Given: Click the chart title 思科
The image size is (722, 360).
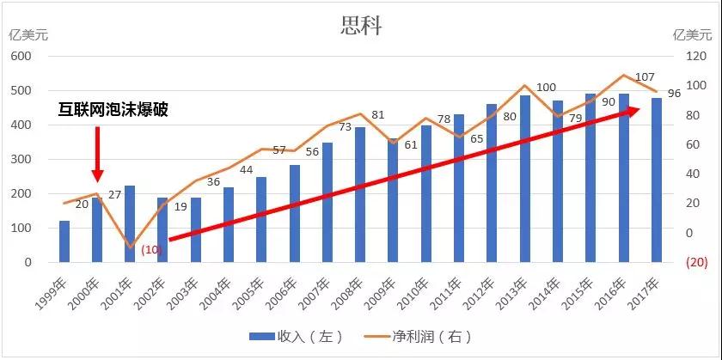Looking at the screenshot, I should [361, 25].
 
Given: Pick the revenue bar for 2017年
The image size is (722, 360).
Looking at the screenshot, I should [657, 180].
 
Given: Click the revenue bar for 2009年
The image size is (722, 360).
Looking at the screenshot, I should [393, 200].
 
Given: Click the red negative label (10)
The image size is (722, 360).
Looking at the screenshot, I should [152, 250].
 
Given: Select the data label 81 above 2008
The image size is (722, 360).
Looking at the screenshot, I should [378, 115].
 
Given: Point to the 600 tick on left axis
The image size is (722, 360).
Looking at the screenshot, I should [21, 57].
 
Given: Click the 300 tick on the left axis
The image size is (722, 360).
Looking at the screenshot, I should [21, 159].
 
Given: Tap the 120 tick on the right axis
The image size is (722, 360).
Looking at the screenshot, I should [684, 57].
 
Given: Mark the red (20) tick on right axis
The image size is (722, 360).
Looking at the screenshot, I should [685, 262].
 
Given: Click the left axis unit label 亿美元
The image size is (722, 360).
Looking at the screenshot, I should [28, 35].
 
